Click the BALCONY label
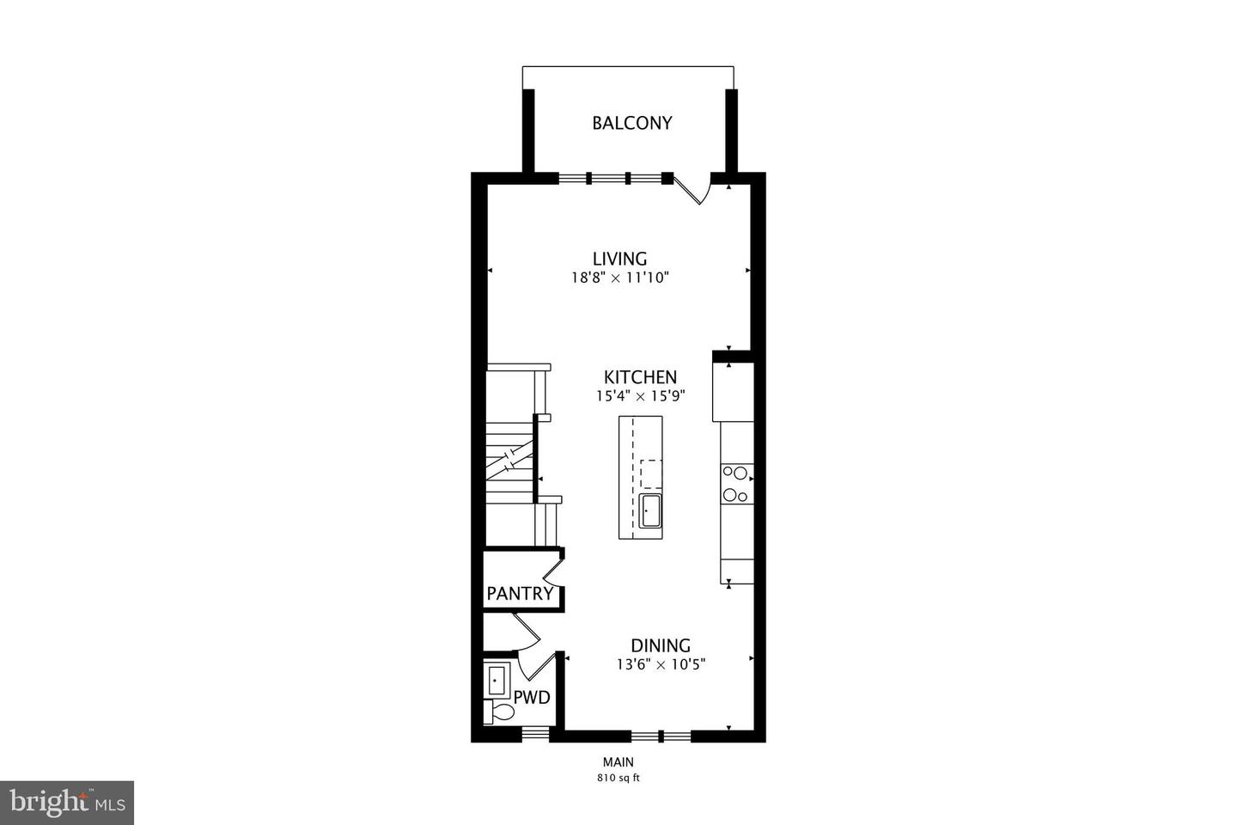[631, 123]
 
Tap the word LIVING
[619, 259]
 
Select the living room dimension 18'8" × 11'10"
[619, 278]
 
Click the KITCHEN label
[640, 377]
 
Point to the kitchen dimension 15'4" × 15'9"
[640, 397]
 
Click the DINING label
[661, 645]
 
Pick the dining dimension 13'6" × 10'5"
[661, 664]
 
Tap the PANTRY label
[520, 594]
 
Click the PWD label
[531, 698]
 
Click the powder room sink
[497, 681]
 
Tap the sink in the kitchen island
[649, 510]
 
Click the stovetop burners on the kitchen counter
[736, 483]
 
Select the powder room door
[535, 667]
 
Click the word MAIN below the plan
[618, 761]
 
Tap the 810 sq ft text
[618, 779]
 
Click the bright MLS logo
[66, 803]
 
